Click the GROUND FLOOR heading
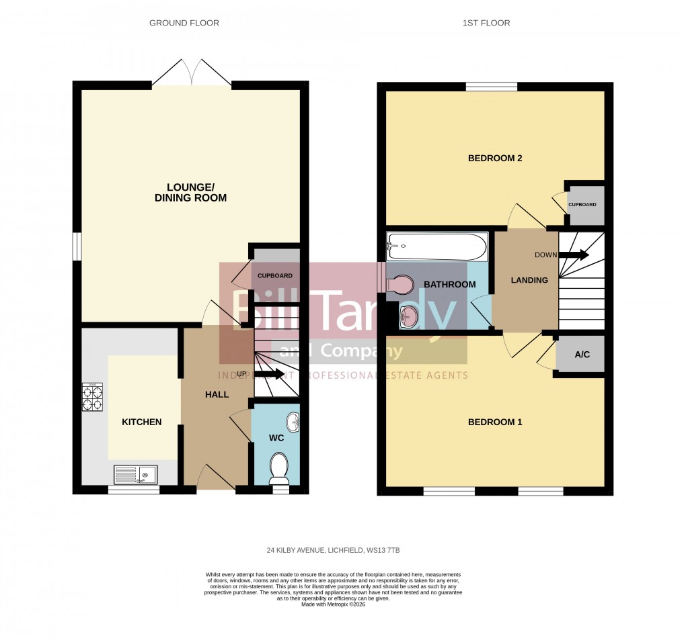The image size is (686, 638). pos(184,23)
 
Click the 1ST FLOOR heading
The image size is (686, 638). pos(486,23)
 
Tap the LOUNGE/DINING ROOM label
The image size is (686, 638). pos(190,192)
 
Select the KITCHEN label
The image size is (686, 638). pos(141,422)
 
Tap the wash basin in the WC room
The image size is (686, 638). pos(294,422)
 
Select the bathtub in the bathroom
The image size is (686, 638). pos(437,247)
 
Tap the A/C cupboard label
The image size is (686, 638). pos(582,354)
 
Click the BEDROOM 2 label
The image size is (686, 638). pos(495,158)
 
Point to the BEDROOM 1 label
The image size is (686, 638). pos(495,422)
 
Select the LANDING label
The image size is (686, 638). pos(529,280)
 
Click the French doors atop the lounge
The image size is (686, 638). pos(192,73)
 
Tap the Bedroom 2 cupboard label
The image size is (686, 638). pos(582,204)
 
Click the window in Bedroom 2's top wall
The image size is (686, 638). pos(492,86)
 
